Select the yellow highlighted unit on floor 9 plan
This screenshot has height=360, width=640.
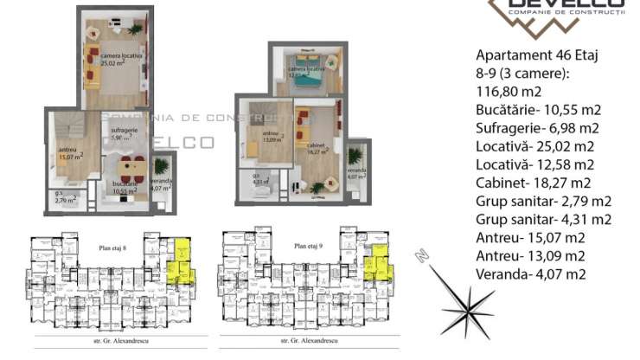(x=376, y=263)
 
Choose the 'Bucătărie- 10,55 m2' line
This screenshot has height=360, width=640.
(x=538, y=110)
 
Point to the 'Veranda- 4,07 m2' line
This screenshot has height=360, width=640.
(x=531, y=274)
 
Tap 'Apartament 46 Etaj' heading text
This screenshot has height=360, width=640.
(x=537, y=55)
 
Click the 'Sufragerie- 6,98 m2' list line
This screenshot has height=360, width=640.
(x=539, y=128)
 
